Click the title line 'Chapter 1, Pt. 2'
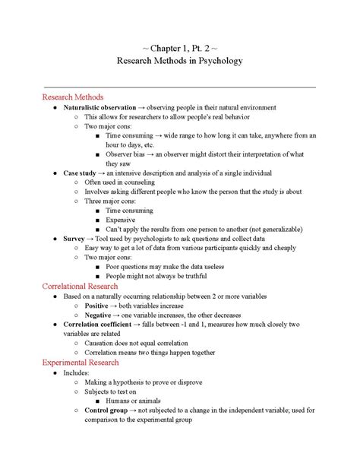(x=180, y=46)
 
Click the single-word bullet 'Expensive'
(x=122, y=219)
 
